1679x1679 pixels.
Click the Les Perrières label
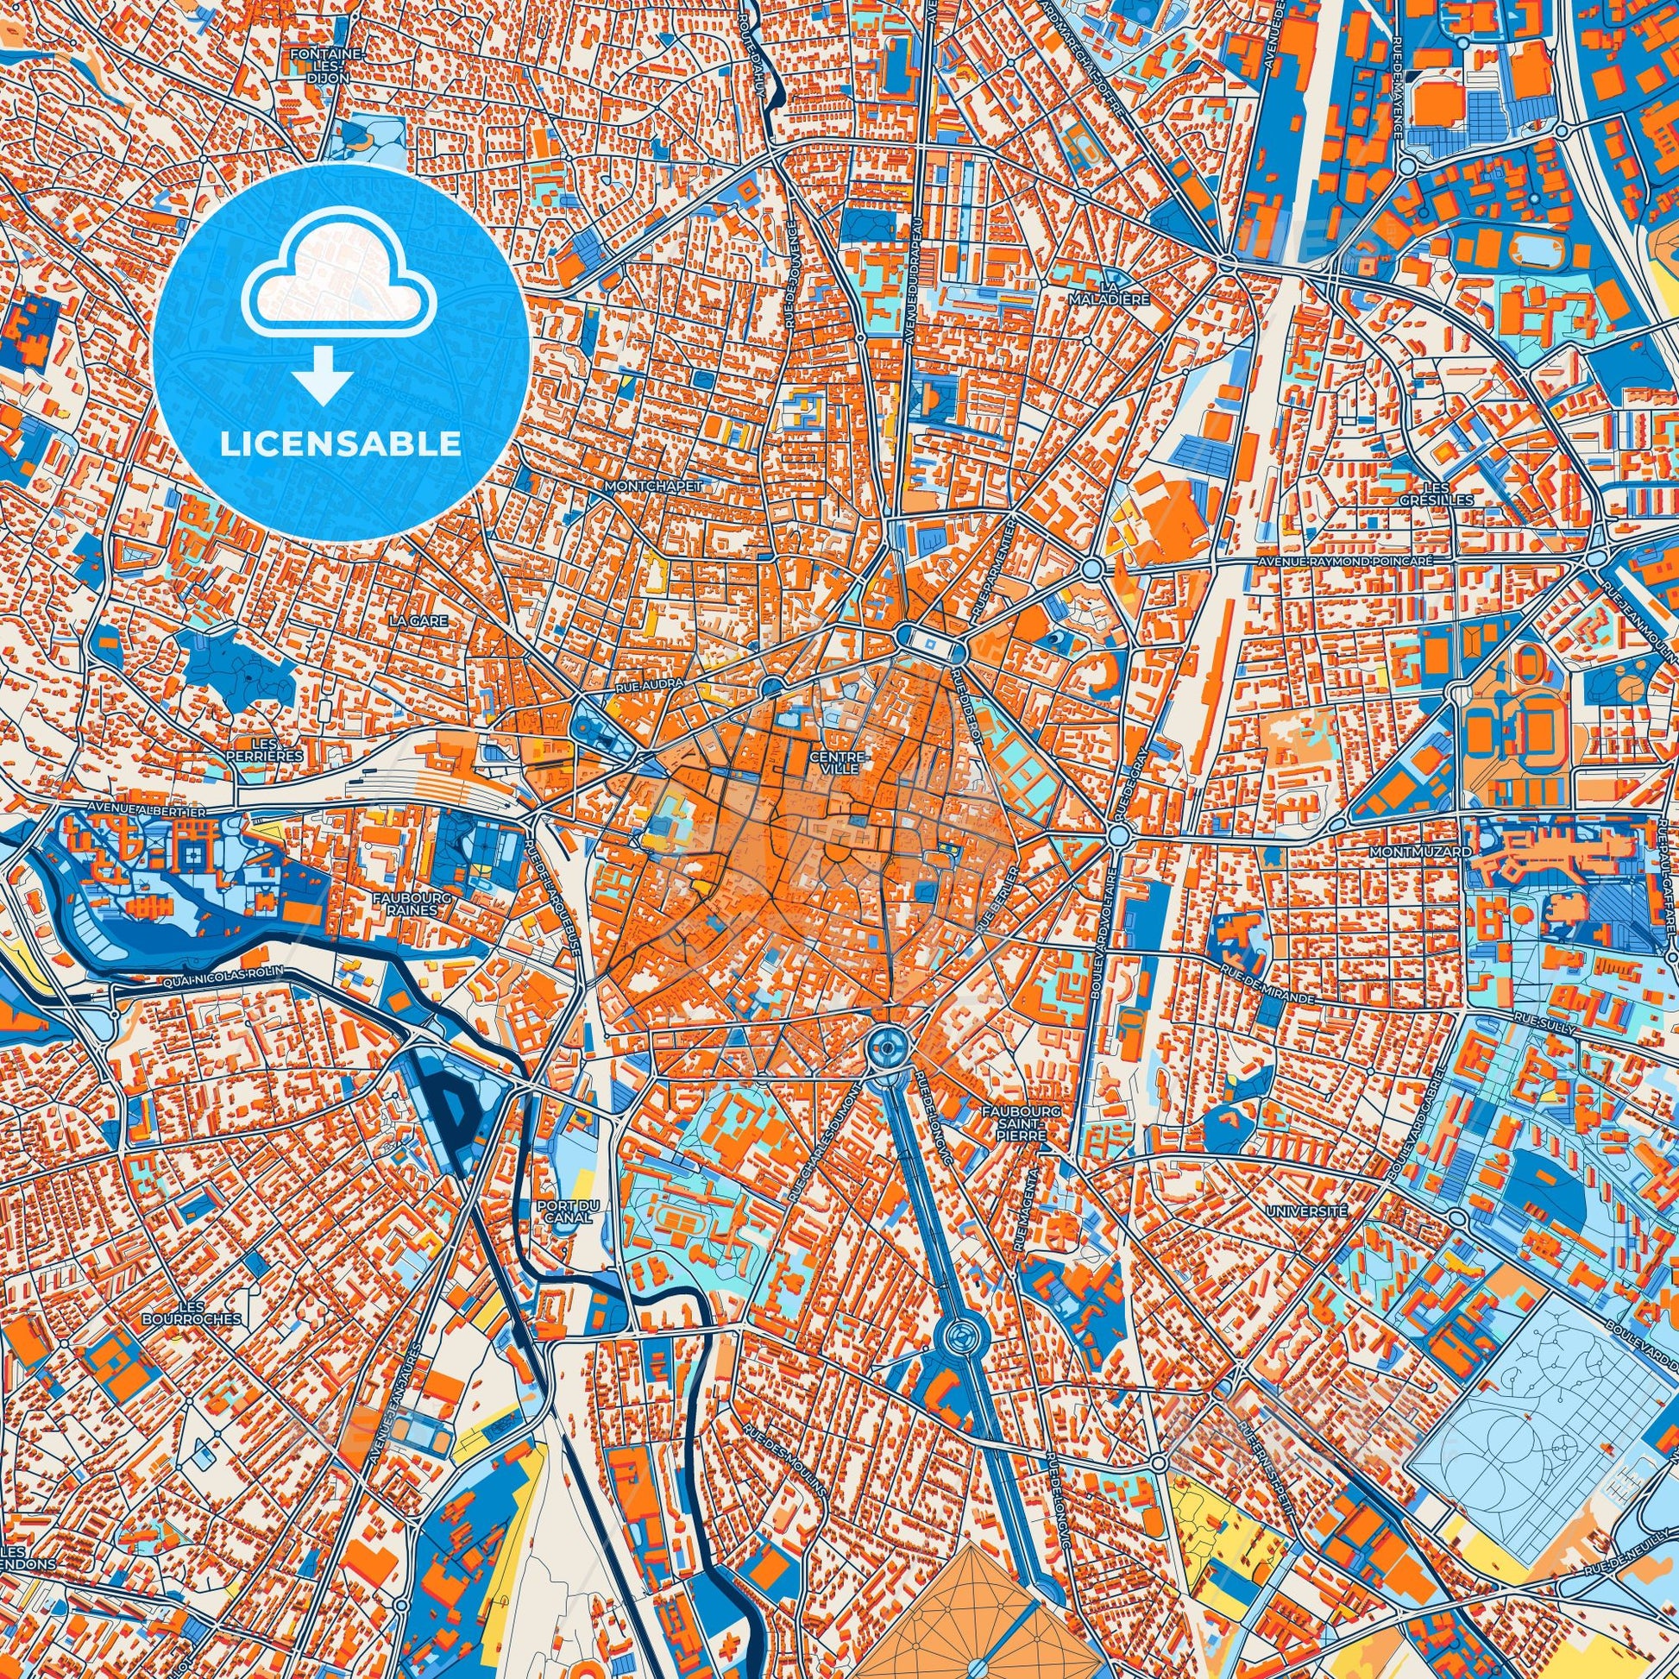point(275,750)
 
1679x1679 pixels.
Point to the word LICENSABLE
point(341,444)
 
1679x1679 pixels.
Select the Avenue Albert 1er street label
point(144,810)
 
